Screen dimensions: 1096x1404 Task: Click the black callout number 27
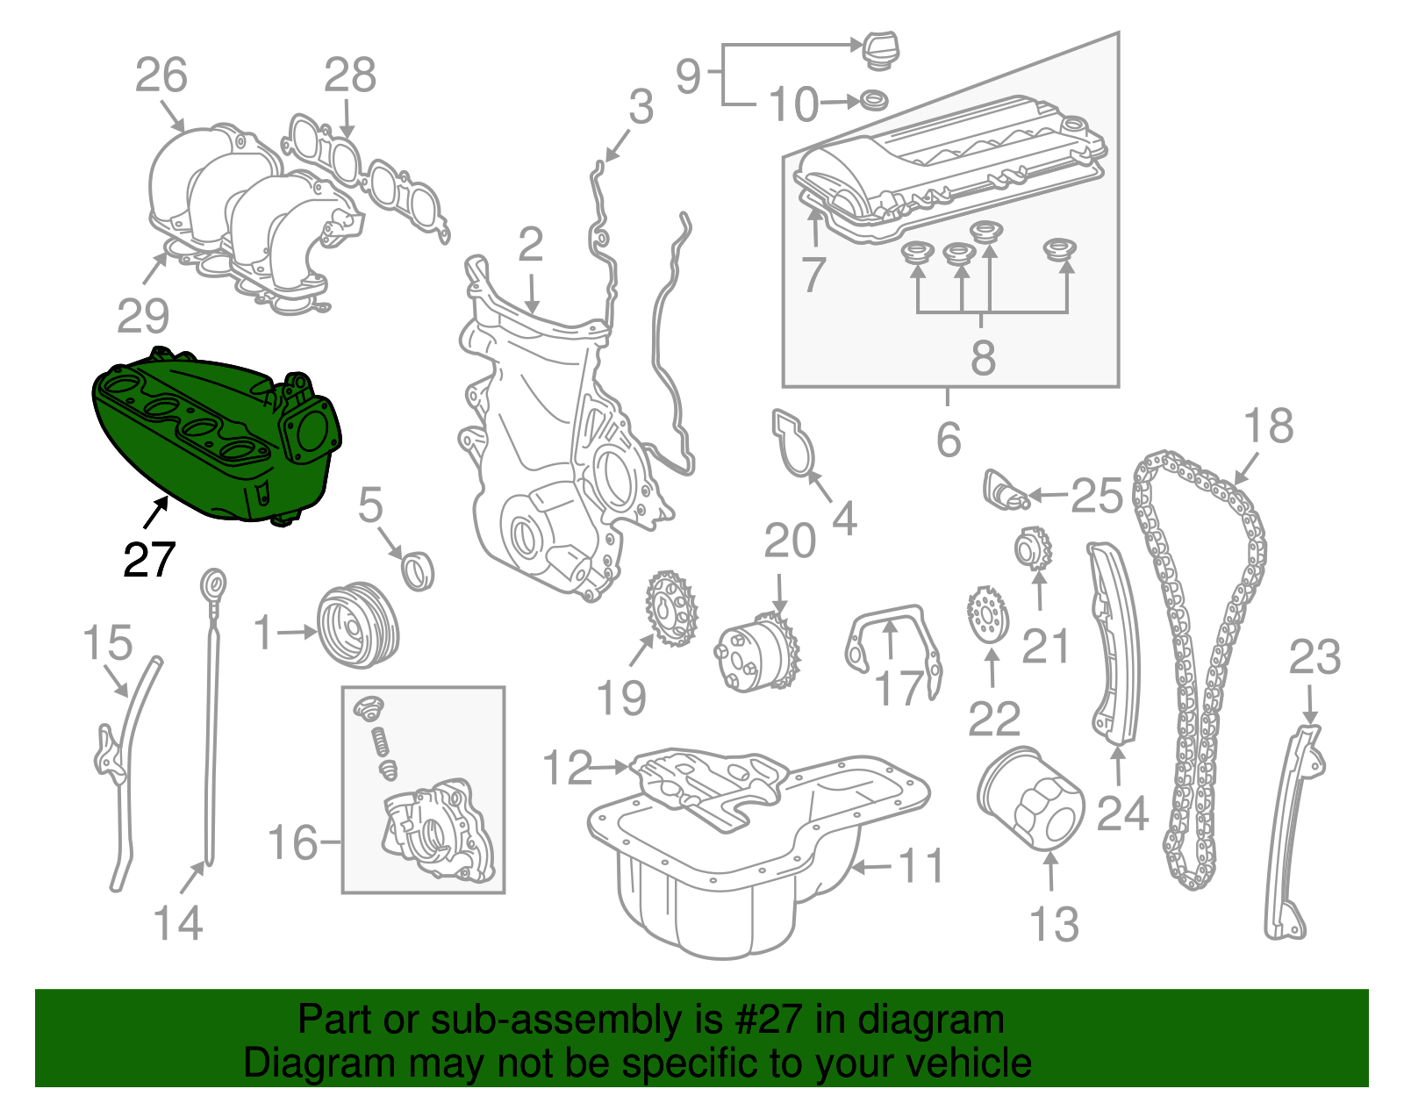point(149,560)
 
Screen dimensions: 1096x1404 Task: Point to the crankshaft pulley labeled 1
point(357,626)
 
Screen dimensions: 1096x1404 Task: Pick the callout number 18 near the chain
point(1268,426)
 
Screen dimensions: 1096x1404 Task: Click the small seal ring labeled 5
point(419,570)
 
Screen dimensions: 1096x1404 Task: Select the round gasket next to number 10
point(873,101)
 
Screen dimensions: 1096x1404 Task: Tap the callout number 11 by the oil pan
point(921,866)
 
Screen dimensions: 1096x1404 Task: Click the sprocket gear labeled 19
point(671,609)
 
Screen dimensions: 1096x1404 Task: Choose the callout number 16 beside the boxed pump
point(292,843)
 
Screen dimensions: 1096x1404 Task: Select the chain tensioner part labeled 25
point(1003,490)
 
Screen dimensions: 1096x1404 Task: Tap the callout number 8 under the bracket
point(982,358)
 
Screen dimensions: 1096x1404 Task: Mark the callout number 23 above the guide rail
point(1314,658)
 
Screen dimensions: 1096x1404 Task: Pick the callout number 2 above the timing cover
point(531,246)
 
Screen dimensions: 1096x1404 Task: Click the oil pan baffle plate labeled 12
point(702,781)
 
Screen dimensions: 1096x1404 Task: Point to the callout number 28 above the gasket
point(349,75)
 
